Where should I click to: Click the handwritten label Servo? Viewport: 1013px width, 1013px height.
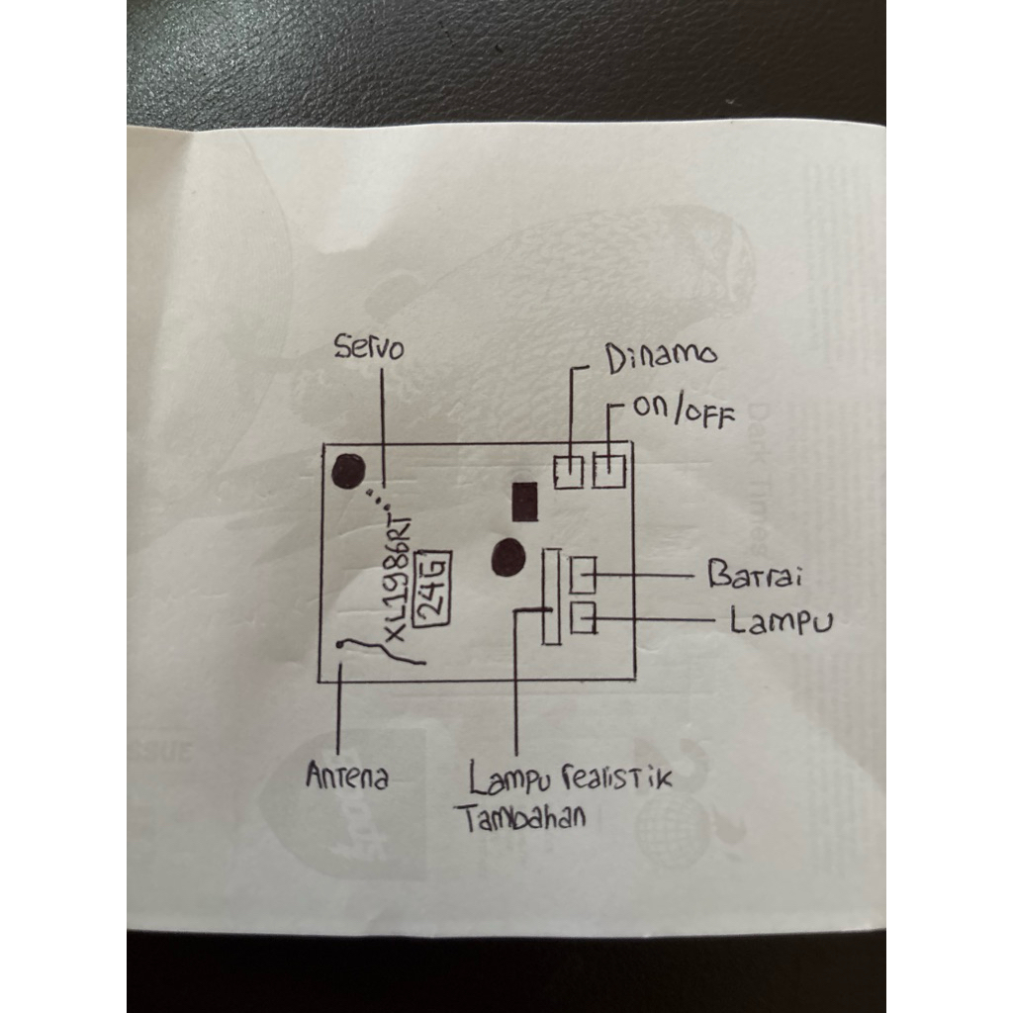tap(369, 348)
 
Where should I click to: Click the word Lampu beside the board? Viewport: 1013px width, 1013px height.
tap(781, 621)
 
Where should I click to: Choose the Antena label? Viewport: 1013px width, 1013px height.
tap(346, 777)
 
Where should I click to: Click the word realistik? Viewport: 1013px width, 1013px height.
tap(615, 778)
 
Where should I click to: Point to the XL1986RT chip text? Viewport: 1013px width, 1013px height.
tap(400, 576)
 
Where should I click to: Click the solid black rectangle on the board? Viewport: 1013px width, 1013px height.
tap(521, 502)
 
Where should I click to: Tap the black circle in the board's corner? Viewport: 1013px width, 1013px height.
tap(347, 472)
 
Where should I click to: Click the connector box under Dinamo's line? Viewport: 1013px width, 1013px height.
tap(568, 471)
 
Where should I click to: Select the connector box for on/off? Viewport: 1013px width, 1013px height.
tap(609, 469)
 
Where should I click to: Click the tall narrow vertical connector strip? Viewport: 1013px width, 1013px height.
tap(551, 598)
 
